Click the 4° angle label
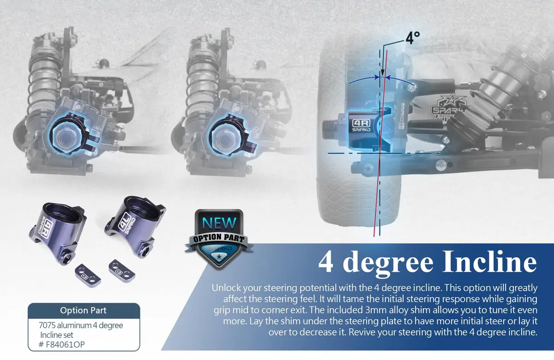(413, 37)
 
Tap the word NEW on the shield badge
(219, 223)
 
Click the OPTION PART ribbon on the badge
(219, 239)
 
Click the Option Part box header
(84, 311)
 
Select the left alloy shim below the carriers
(88, 275)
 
